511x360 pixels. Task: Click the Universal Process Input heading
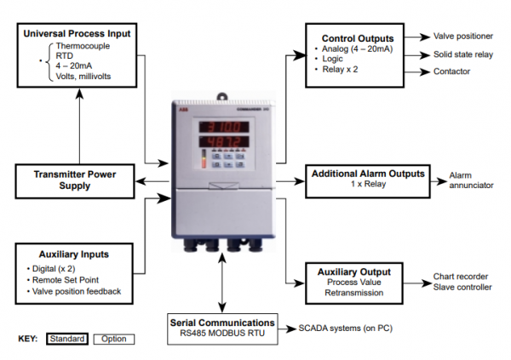tap(77, 33)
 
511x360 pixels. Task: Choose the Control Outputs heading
tap(357, 39)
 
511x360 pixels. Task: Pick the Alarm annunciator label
tap(471, 180)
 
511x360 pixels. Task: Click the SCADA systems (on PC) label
tap(345, 328)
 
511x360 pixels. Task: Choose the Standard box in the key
tap(66, 339)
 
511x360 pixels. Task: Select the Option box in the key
tap(113, 339)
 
